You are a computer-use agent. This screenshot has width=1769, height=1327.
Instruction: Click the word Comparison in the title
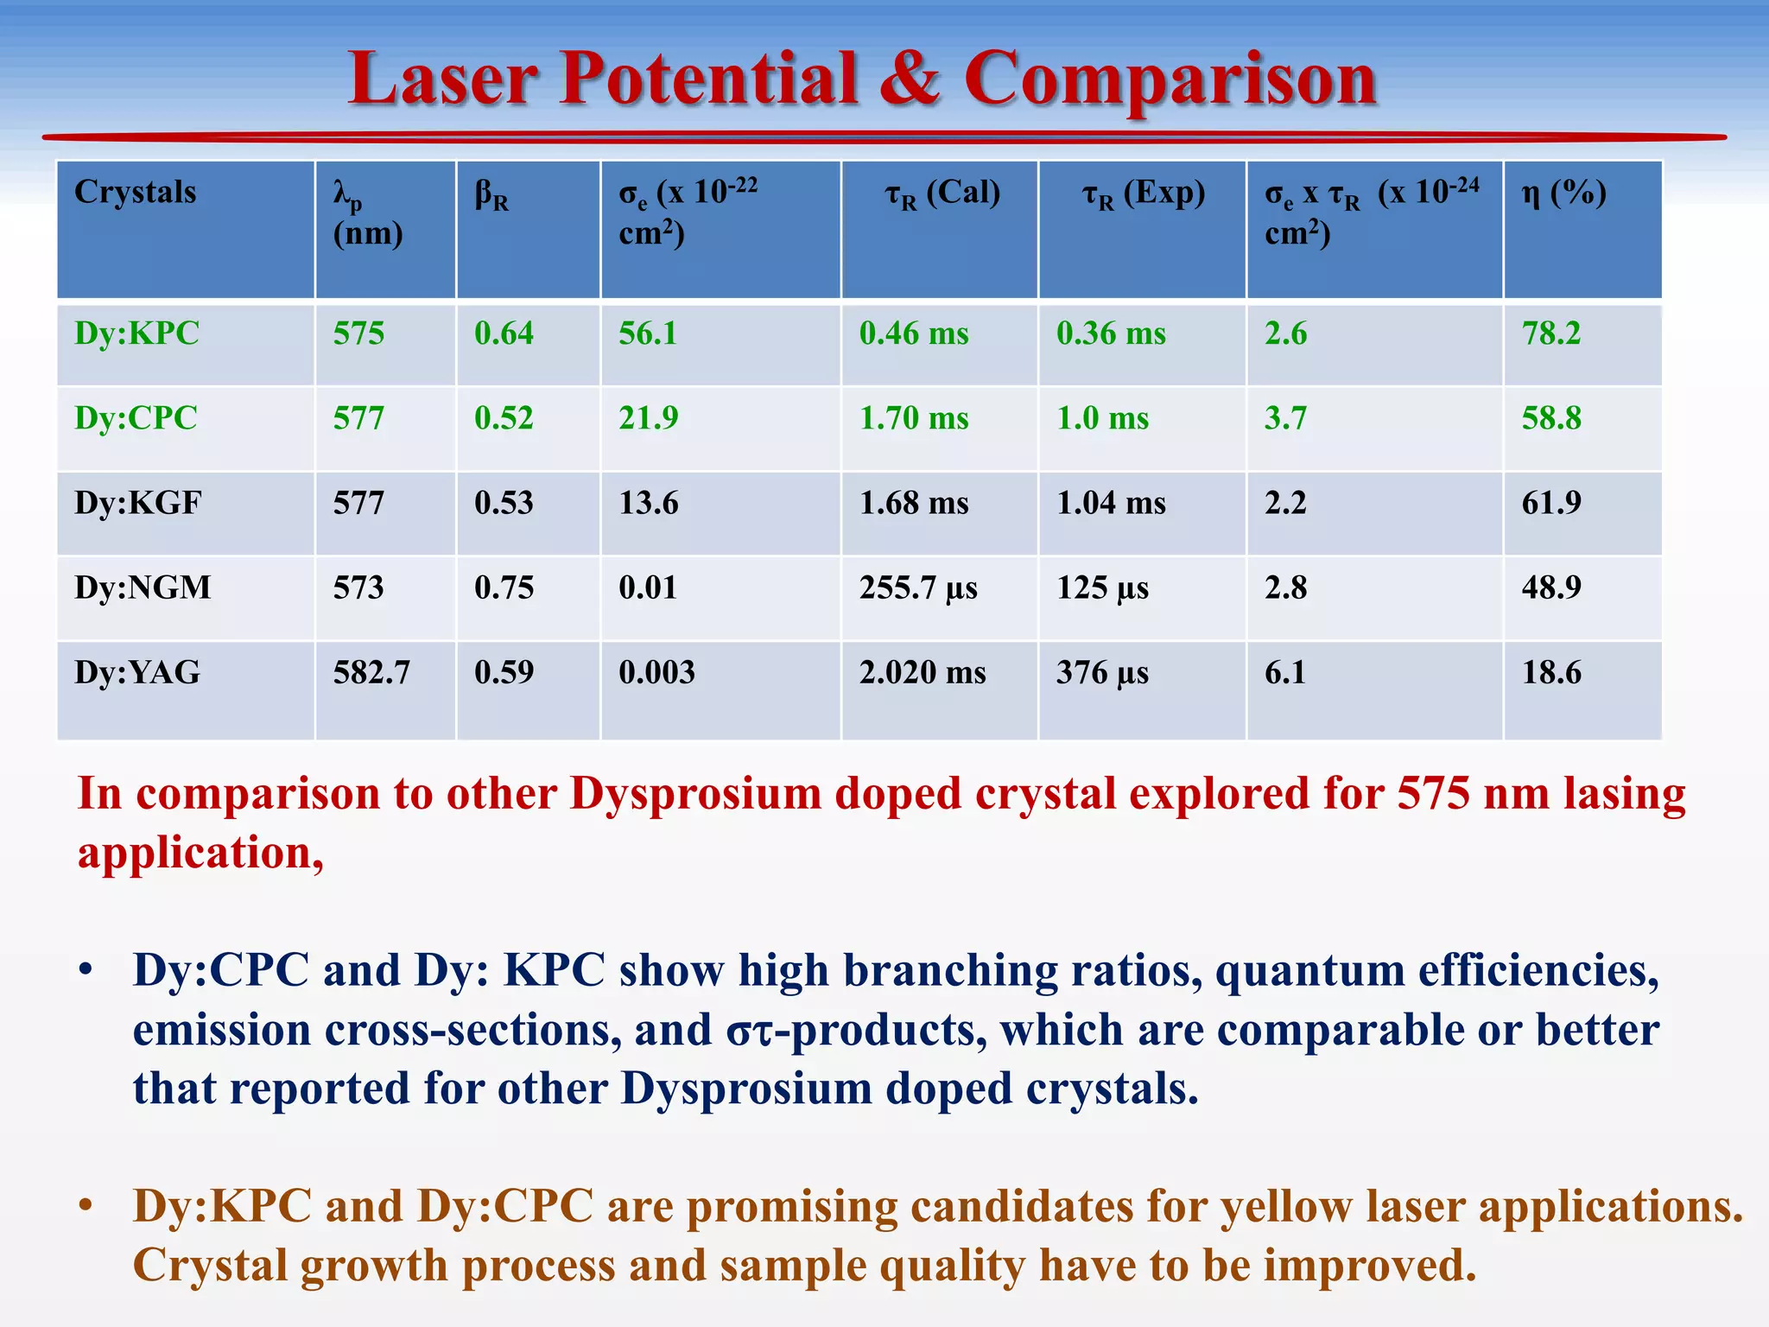[x=1170, y=79]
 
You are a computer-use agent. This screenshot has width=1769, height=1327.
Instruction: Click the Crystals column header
[x=136, y=192]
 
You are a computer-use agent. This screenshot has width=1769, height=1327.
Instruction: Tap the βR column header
[x=491, y=195]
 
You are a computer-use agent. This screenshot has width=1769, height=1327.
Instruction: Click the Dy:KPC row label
[x=136, y=333]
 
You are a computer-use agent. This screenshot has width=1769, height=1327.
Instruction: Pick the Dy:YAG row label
[x=136, y=672]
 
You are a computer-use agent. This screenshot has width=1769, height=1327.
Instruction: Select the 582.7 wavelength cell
[x=371, y=672]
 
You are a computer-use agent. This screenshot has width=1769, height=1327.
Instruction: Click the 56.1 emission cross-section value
[x=648, y=333]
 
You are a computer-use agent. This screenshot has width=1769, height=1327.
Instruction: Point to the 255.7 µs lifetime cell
[x=918, y=587]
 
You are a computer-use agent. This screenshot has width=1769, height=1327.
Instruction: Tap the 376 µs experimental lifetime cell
[x=1102, y=672]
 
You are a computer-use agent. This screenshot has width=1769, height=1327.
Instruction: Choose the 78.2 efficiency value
[x=1550, y=333]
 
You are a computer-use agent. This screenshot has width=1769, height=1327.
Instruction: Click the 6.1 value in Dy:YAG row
[x=1284, y=672]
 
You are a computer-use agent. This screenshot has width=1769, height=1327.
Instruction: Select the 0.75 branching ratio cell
[x=504, y=587]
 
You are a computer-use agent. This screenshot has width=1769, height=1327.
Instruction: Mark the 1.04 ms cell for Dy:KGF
[x=1111, y=503]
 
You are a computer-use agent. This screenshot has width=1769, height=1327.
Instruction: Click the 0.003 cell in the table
[x=656, y=672]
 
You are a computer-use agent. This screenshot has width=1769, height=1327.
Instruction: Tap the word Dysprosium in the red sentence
[x=695, y=793]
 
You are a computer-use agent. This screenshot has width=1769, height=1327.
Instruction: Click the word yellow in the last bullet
[x=1285, y=1206]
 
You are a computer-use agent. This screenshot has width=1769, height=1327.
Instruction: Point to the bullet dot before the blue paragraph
[x=85, y=970]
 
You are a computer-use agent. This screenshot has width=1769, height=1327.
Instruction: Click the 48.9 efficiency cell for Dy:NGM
[x=1550, y=587]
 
